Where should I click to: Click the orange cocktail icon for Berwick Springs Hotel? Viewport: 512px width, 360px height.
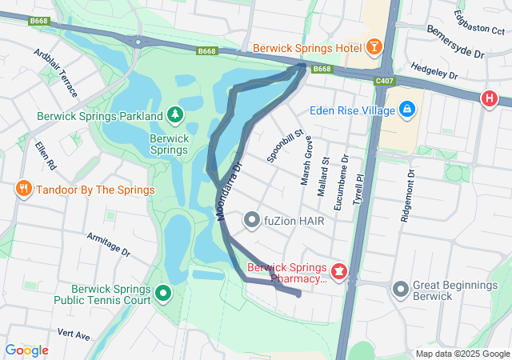click(373, 48)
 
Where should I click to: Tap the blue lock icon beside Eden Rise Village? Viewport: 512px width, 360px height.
click(407, 107)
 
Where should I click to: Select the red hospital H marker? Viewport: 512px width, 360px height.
click(489, 99)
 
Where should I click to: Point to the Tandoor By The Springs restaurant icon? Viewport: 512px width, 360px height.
click(23, 190)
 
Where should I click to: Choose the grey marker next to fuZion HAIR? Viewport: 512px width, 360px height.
click(252, 219)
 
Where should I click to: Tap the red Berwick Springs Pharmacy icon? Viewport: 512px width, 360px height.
click(339, 273)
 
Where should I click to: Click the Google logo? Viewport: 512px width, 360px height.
click(26, 350)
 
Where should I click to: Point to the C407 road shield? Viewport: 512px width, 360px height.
click(384, 81)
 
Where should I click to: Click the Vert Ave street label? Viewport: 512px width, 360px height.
click(74, 334)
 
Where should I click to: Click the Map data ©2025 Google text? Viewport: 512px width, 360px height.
click(462, 354)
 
